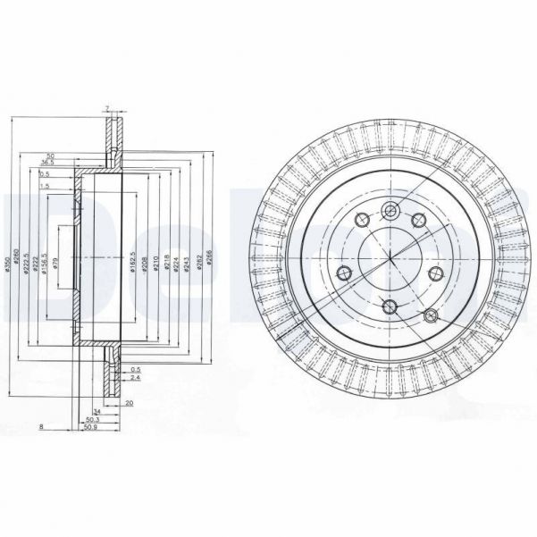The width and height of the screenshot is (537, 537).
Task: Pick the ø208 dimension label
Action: [x=145, y=264]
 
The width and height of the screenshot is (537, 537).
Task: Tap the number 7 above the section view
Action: [x=106, y=108]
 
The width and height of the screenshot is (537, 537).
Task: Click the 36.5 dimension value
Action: [x=49, y=163]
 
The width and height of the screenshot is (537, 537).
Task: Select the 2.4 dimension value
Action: [x=135, y=379]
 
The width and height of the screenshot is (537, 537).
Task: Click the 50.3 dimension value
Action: [x=91, y=418]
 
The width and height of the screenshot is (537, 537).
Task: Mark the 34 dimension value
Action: [x=96, y=410]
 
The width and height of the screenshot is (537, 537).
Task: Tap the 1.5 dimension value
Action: [x=44, y=186]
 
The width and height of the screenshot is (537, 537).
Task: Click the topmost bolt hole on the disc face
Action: [x=390, y=211]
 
